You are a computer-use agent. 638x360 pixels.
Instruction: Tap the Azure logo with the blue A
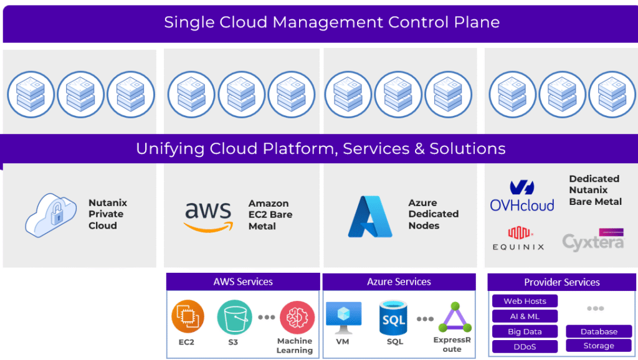(x=370, y=216)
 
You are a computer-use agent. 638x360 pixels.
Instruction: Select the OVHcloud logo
(x=521, y=196)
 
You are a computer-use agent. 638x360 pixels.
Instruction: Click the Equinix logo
(x=517, y=239)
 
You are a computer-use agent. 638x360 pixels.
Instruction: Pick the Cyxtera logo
(x=593, y=240)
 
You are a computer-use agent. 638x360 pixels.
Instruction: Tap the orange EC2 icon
(x=188, y=317)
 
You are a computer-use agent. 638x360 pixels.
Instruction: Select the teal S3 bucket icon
(x=234, y=317)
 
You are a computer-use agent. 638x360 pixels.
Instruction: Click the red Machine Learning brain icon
(x=297, y=318)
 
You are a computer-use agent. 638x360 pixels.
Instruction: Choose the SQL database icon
(x=393, y=318)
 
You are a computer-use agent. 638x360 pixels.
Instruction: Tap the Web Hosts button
(x=525, y=301)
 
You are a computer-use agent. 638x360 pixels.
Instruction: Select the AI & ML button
(x=525, y=316)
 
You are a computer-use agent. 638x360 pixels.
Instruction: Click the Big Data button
(x=525, y=331)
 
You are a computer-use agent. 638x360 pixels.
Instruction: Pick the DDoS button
(x=525, y=346)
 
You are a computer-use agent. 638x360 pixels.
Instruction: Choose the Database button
(x=599, y=331)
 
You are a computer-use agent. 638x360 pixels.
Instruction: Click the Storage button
(x=599, y=346)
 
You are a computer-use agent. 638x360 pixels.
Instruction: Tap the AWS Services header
(x=243, y=282)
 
